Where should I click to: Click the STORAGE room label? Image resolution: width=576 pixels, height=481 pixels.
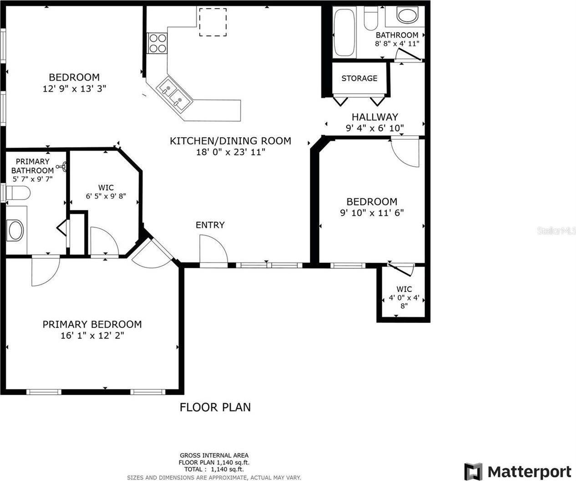pyautogui.click(x=359, y=78)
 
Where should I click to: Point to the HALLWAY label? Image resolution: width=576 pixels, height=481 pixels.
pyautogui.click(x=374, y=117)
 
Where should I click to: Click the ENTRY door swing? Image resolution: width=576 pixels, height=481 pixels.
pyautogui.click(x=212, y=249)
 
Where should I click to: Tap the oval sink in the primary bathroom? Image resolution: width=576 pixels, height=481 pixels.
pyautogui.click(x=15, y=230)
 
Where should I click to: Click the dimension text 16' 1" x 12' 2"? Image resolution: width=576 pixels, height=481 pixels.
pyautogui.click(x=88, y=336)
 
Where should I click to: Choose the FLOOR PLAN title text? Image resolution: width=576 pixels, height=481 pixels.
pyautogui.click(x=215, y=407)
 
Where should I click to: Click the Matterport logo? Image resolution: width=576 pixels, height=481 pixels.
pyautogui.click(x=518, y=471)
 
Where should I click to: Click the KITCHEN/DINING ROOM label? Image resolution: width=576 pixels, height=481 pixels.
pyautogui.click(x=230, y=141)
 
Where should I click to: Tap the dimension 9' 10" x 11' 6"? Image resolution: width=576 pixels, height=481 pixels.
pyautogui.click(x=372, y=213)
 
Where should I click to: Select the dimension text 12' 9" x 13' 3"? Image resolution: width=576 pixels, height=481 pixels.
pyautogui.click(x=74, y=89)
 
